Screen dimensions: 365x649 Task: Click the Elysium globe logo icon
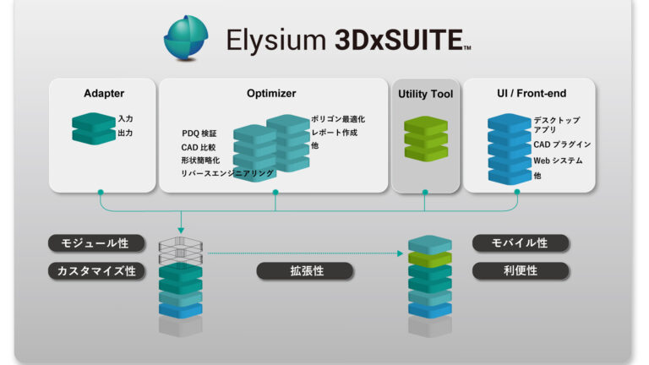click(185, 38)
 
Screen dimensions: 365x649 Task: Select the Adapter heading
click(103, 94)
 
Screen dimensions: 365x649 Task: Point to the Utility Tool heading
click(425, 94)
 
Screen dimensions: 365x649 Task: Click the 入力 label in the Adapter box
click(125, 119)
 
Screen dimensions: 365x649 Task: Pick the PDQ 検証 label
click(199, 133)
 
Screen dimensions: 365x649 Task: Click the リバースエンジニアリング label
click(226, 173)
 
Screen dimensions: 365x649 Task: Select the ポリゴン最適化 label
click(338, 120)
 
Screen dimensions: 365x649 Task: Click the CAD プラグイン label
click(562, 144)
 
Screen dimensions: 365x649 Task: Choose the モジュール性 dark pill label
click(95, 243)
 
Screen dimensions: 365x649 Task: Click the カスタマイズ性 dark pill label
click(95, 271)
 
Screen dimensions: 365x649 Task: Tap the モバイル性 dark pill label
click(520, 243)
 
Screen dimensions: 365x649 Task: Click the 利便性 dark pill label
click(520, 271)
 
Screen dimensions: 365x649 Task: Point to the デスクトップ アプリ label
click(557, 126)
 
